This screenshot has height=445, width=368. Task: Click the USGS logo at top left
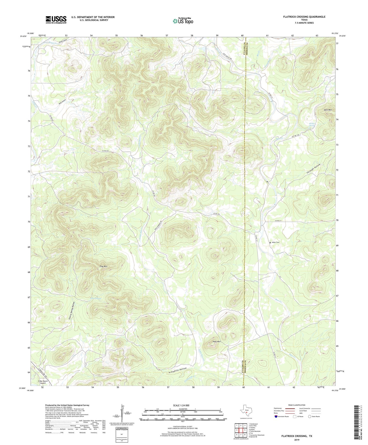pyautogui.click(x=56, y=19)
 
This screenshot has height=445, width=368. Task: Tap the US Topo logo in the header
pyautogui.click(x=183, y=21)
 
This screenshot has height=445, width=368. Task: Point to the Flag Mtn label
pyautogui.click(x=103, y=266)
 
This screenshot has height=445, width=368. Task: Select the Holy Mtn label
pyautogui.click(x=216, y=342)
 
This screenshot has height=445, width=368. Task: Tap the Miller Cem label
pyautogui.click(x=276, y=242)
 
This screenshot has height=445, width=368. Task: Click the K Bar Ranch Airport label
pyautogui.click(x=43, y=382)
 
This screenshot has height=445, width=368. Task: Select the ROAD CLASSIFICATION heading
pyautogui.click(x=297, y=405)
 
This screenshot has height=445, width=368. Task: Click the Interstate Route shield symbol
pyautogui.click(x=276, y=416)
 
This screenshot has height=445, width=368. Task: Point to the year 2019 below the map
pyautogui.click(x=296, y=440)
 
